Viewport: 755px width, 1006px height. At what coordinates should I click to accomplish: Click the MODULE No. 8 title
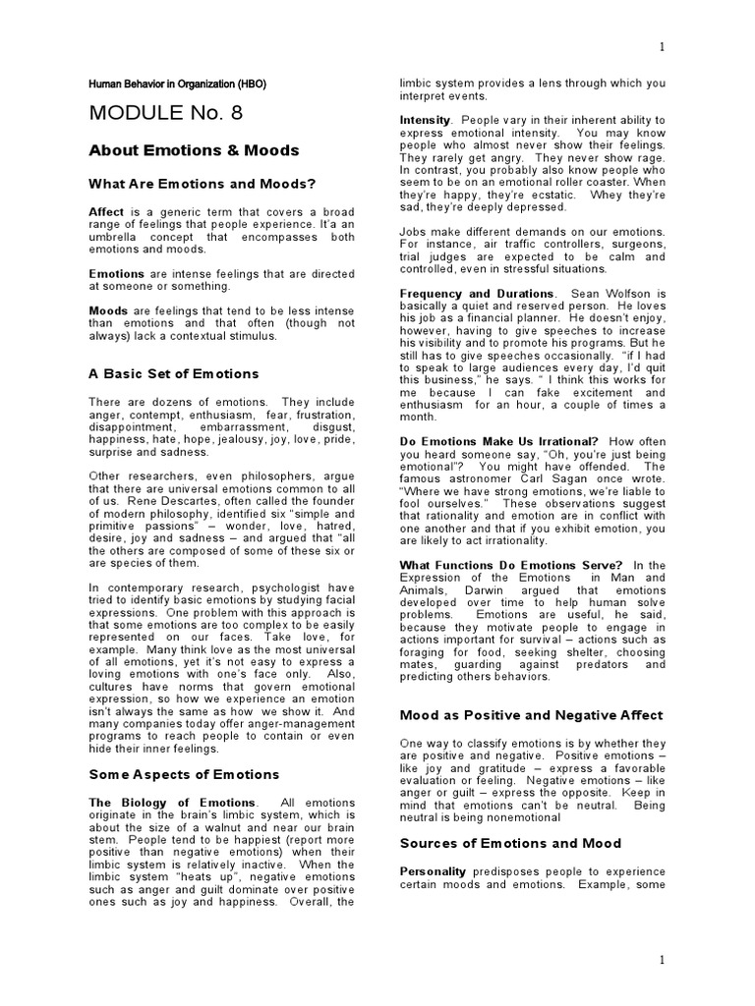(165, 112)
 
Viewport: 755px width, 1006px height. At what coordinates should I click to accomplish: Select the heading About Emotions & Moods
(194, 150)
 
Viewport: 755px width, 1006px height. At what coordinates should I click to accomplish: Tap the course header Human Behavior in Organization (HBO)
(177, 84)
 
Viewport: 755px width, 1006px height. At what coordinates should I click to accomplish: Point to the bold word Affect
(106, 211)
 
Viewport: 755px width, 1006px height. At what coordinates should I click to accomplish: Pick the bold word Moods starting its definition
(108, 310)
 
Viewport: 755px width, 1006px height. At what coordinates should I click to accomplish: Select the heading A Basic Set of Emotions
(173, 374)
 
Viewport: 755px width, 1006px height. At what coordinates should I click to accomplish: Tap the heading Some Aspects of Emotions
(184, 774)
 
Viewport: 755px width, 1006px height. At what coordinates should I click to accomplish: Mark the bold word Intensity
(425, 120)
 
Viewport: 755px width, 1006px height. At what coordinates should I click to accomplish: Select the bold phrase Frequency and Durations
(477, 294)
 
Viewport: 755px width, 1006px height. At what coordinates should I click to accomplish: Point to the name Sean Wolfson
(619, 294)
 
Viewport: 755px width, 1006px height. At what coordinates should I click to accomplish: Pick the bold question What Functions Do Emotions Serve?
(511, 565)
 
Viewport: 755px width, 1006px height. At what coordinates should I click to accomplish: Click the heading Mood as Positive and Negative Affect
(530, 715)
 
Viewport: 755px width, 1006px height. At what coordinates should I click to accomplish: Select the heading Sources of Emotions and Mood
(510, 843)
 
